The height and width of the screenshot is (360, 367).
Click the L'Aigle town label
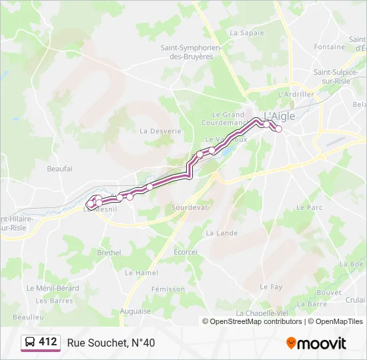click(280, 115)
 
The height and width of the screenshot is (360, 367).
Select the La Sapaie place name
click(246, 32)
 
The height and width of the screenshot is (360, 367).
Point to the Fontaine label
click(330, 47)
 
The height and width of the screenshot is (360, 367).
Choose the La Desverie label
click(160, 131)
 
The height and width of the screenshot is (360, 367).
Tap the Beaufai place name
click(59, 169)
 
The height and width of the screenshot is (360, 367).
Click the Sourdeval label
click(189, 207)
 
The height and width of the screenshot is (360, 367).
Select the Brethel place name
click(109, 253)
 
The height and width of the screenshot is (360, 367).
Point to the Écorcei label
click(186, 252)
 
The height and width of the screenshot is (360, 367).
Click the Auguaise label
click(135, 311)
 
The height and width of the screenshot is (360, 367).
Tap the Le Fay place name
click(271, 287)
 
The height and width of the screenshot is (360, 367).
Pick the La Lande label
click(222, 233)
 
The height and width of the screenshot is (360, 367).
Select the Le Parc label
click(309, 207)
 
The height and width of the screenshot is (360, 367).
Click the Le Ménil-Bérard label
click(53, 289)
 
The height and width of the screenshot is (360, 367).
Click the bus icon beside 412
click(30, 343)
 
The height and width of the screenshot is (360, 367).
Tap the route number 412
click(48, 342)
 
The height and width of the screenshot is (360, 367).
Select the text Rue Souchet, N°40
click(111, 343)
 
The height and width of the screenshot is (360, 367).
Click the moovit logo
click(316, 343)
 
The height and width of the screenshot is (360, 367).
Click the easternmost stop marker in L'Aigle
click(279, 129)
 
